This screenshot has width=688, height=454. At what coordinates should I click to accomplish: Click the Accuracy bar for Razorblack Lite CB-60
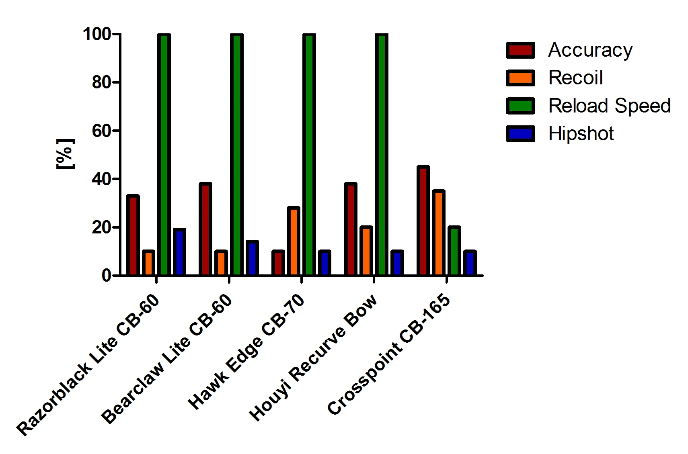point(133,235)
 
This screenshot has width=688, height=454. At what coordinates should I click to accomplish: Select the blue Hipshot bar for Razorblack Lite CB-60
point(179,252)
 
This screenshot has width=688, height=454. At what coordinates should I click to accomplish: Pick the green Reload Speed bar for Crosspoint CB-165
point(454,251)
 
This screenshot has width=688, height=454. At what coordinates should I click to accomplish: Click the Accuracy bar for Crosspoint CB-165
point(423,221)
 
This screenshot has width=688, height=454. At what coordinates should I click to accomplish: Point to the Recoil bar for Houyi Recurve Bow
point(366,251)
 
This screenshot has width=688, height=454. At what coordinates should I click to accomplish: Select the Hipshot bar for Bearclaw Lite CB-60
point(252,258)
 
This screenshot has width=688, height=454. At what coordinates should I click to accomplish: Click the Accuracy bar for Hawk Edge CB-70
point(278,263)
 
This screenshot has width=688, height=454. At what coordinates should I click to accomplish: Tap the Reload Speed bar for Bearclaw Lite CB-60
point(236,155)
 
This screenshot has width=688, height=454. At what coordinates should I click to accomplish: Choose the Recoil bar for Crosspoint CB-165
point(438,233)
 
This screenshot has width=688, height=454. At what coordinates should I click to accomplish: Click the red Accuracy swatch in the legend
point(520,50)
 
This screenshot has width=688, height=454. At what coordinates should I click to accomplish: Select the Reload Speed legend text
point(609,106)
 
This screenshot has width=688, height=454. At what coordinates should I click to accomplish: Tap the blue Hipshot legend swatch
point(520,134)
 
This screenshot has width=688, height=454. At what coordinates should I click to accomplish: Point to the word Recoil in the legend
point(575,78)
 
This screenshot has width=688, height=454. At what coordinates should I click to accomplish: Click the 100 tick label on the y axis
point(97,34)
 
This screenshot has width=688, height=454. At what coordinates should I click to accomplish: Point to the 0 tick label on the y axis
point(106,276)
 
